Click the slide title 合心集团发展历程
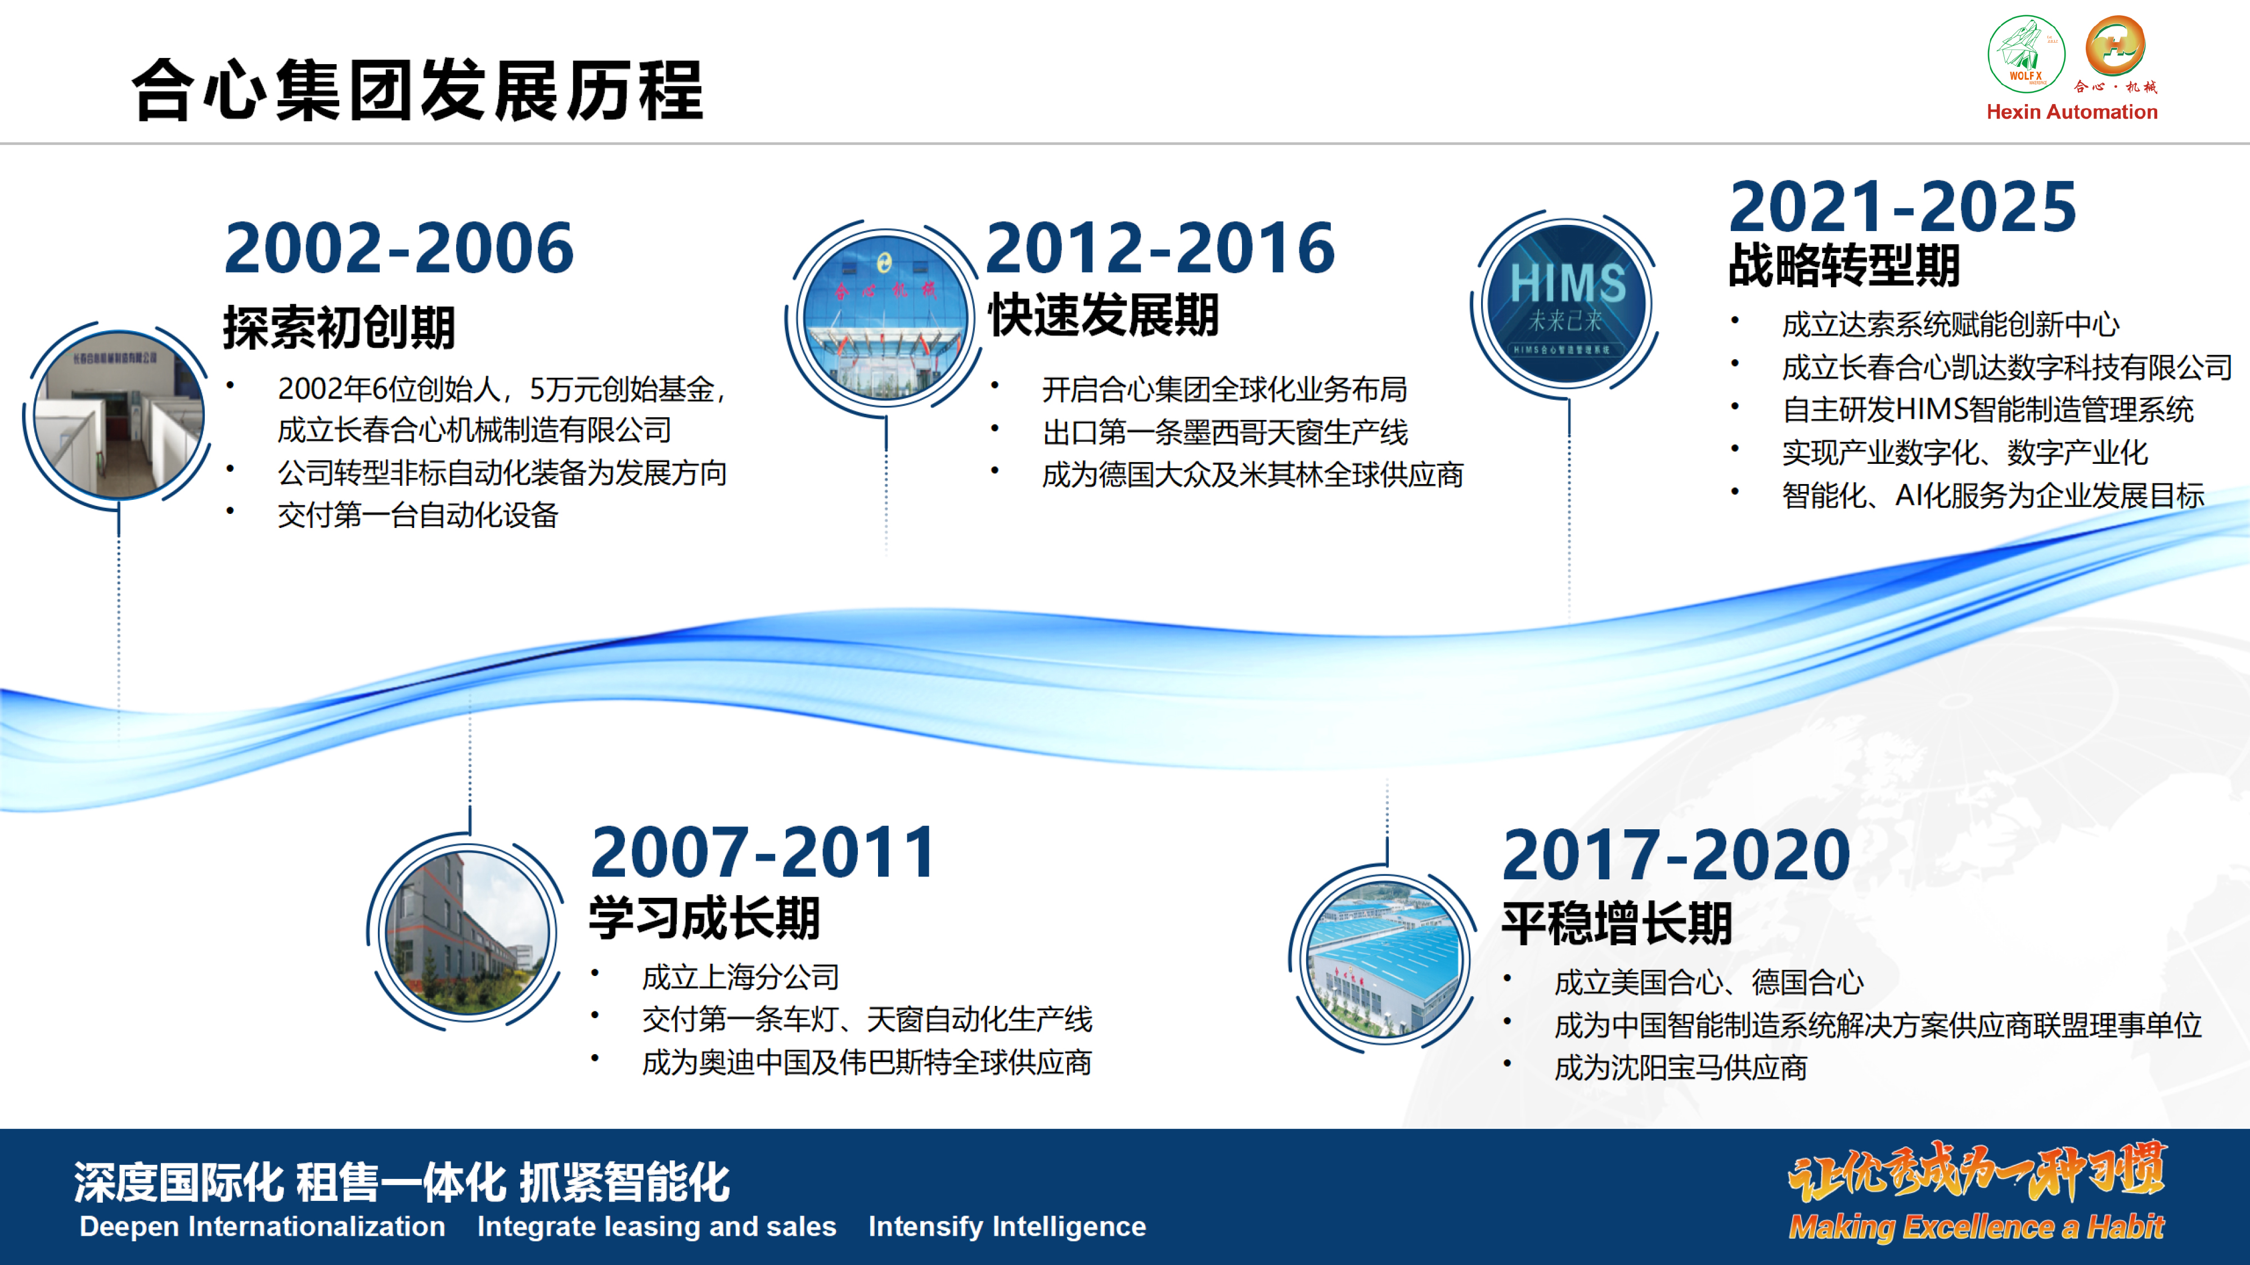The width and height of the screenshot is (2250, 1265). coord(417,90)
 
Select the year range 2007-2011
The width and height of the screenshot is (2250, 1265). coord(763,852)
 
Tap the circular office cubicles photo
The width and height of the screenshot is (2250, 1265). coord(119,415)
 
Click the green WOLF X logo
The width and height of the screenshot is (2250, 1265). coord(2026,53)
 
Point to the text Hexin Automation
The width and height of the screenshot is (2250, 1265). coord(2072,112)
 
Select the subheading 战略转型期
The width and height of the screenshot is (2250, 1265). coord(1844,264)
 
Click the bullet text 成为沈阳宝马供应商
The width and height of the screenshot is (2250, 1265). coord(1681,1068)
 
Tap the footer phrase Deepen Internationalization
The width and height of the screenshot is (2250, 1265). coord(262,1227)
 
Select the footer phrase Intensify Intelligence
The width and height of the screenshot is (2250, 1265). coord(1006,1227)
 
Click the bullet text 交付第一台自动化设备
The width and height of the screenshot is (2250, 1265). coord(417,515)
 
